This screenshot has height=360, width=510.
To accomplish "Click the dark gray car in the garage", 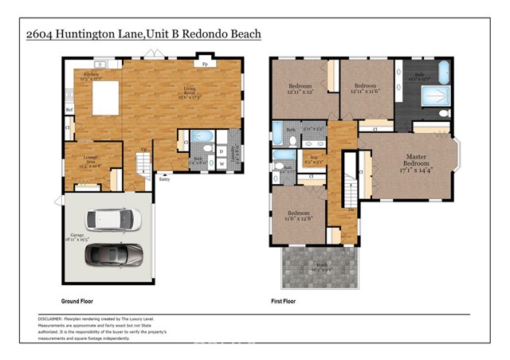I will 113,254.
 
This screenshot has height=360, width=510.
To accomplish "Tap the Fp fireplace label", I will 205,63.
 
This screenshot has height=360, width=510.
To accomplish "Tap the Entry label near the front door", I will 165,179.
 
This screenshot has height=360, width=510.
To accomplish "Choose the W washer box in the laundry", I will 221,163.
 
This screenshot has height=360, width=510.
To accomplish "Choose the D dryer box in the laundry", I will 221,150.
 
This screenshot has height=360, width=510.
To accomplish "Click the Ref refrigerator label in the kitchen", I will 69,109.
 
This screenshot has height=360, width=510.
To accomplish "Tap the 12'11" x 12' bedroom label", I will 300,88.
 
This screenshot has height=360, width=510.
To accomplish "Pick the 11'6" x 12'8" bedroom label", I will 300,217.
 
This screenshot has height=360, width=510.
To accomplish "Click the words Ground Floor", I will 81,302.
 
